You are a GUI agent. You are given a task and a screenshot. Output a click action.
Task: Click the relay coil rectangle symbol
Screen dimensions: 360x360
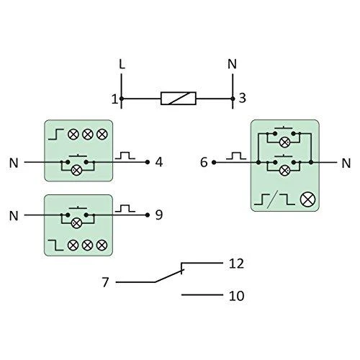[x=179, y=99]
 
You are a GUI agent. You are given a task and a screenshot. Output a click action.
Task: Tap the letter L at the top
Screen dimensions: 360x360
[x=122, y=64]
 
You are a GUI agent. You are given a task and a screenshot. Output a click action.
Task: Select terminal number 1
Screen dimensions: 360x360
[x=114, y=99]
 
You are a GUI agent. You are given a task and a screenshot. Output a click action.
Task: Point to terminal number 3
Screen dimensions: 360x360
[x=242, y=98]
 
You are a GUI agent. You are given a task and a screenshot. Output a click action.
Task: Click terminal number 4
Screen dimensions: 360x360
[x=159, y=162]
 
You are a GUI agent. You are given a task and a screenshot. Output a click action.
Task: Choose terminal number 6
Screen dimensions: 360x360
[x=204, y=162]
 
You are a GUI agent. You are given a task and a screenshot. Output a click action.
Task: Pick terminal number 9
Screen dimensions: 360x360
[x=159, y=215]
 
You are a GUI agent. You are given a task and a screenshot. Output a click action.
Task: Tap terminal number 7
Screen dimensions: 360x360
[x=105, y=282]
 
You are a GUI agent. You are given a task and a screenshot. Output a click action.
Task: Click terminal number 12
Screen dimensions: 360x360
[x=236, y=264]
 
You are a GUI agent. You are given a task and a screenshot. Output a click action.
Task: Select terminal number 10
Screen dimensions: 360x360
[x=237, y=296]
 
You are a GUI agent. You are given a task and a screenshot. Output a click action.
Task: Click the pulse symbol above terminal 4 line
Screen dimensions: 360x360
[x=125, y=156]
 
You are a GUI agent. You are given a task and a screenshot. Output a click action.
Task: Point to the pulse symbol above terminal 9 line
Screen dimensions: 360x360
[x=125, y=208]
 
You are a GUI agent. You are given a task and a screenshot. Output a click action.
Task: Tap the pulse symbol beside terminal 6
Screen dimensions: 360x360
[x=236, y=156]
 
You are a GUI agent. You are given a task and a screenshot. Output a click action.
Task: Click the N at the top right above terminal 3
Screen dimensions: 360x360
[x=232, y=64]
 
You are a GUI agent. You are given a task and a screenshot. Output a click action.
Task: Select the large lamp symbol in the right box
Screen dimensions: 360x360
[x=307, y=199]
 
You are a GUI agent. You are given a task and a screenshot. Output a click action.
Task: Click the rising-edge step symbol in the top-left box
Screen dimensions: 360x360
[x=56, y=134]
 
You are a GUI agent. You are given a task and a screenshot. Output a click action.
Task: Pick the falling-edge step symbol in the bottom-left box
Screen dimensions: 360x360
[x=55, y=245]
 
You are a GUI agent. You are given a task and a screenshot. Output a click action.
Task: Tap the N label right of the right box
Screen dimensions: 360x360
[x=346, y=163]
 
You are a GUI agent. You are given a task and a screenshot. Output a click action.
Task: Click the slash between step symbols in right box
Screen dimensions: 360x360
[x=274, y=199]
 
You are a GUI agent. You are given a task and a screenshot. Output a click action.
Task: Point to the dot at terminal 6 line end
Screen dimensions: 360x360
[x=214, y=163]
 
